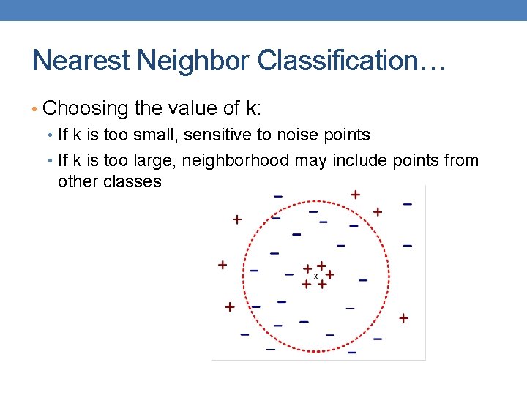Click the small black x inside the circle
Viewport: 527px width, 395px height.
[315, 276]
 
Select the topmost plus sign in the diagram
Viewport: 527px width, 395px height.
[355, 195]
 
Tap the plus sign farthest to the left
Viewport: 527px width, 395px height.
[222, 265]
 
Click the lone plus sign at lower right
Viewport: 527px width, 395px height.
[403, 317]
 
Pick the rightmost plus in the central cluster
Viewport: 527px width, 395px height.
[329, 274]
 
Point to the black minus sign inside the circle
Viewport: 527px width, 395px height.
[296, 235]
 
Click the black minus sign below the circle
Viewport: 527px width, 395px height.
[351, 353]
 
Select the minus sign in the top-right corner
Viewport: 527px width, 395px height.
[407, 204]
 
